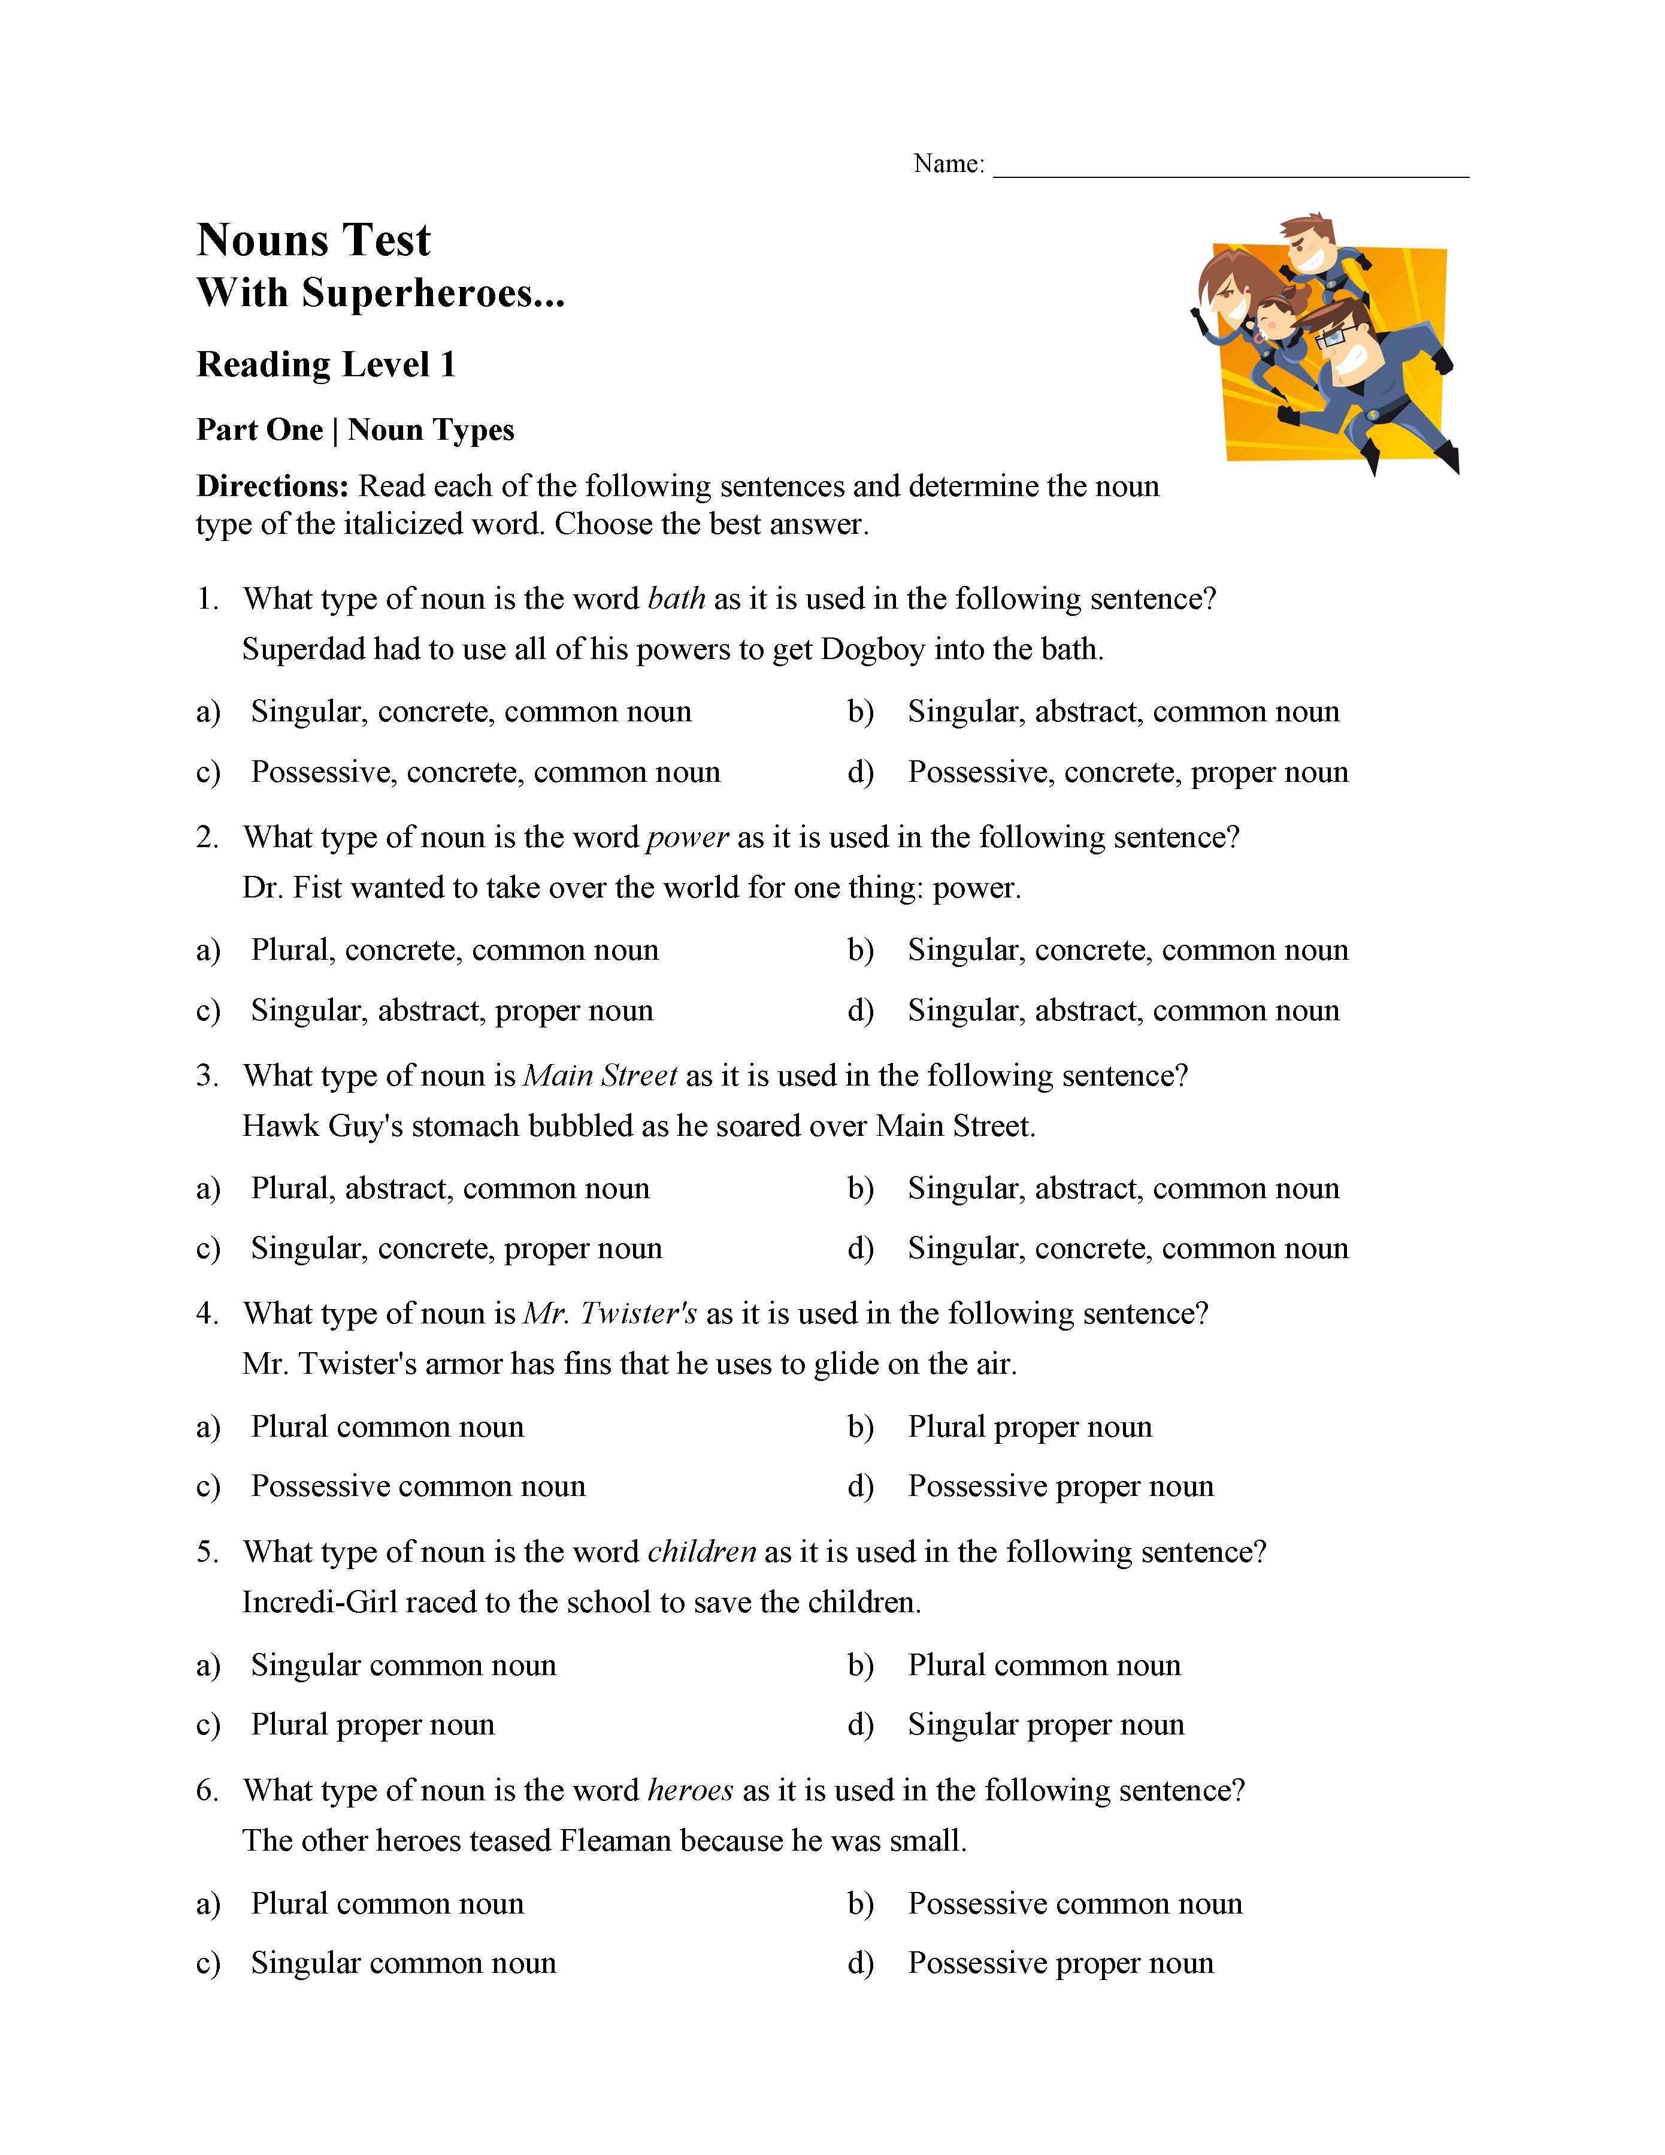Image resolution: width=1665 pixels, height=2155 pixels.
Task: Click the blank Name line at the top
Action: tap(1230, 168)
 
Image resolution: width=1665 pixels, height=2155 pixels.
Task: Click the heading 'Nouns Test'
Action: tap(314, 240)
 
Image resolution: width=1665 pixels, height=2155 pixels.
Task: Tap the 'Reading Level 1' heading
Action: tap(325, 365)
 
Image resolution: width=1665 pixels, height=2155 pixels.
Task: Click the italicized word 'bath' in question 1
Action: tap(677, 599)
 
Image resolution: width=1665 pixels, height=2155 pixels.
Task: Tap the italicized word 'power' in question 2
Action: tap(688, 838)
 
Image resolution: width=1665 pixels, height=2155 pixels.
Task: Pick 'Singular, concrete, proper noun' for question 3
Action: tap(456, 1248)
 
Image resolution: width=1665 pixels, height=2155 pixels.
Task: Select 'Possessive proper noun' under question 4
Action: tap(1060, 1486)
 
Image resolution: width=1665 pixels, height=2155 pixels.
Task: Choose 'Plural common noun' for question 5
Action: tap(1043, 1666)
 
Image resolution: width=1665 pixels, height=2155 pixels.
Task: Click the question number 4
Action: tap(206, 1313)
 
